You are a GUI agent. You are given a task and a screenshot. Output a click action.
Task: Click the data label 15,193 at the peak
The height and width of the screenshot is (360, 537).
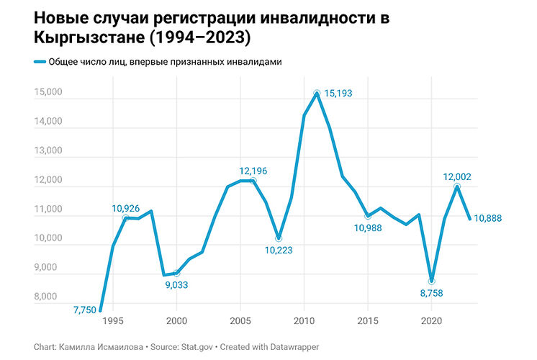click(x=341, y=94)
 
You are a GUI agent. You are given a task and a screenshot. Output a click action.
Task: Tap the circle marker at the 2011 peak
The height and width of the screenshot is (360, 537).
click(x=317, y=94)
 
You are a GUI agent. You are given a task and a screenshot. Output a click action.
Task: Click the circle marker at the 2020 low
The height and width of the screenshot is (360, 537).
click(x=432, y=281)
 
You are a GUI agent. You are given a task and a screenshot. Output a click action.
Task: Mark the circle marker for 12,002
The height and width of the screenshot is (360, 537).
click(x=457, y=186)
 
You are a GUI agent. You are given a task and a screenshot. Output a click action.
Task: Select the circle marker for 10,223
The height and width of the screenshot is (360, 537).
click(x=279, y=238)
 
